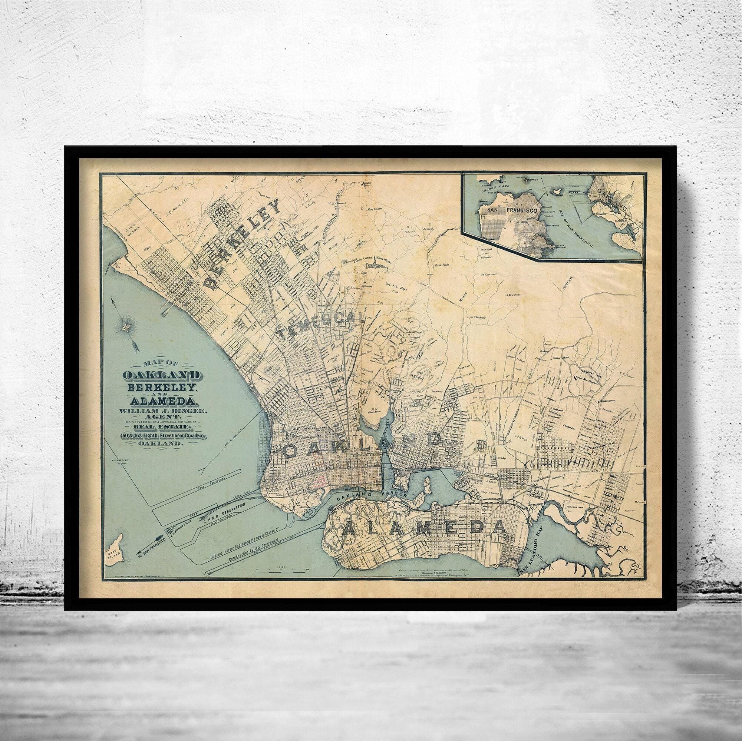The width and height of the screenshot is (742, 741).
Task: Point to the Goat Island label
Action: point(114,556)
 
